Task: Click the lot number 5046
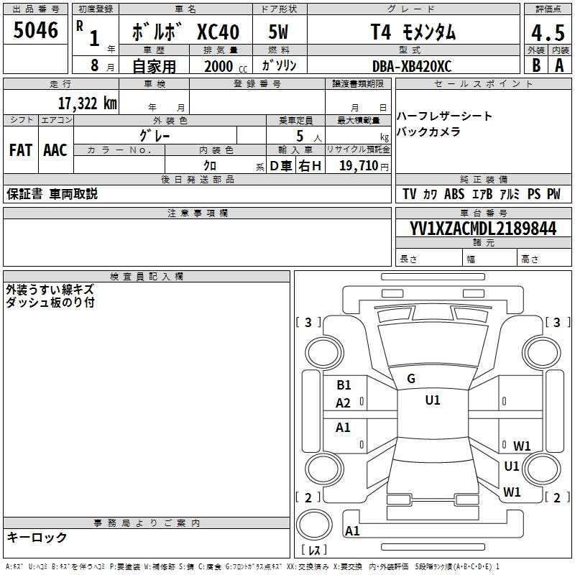pyautogui.click(x=35, y=29)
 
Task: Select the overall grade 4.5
pyautogui.click(x=546, y=32)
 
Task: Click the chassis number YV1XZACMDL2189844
pyautogui.click(x=483, y=229)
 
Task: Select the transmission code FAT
pyautogui.click(x=20, y=149)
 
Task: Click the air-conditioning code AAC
pyautogui.click(x=55, y=149)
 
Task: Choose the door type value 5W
pyautogui.click(x=279, y=32)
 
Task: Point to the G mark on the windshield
pyautogui.click(x=411, y=378)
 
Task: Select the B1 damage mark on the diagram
pyautogui.click(x=344, y=385)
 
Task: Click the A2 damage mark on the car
pyautogui.click(x=344, y=403)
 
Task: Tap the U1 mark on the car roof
pyautogui.click(x=432, y=400)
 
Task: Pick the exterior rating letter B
pyautogui.click(x=535, y=65)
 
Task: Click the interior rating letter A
pyautogui.click(x=559, y=65)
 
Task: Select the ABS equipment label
pyautogui.click(x=454, y=194)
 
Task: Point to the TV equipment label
pyautogui.click(x=410, y=194)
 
